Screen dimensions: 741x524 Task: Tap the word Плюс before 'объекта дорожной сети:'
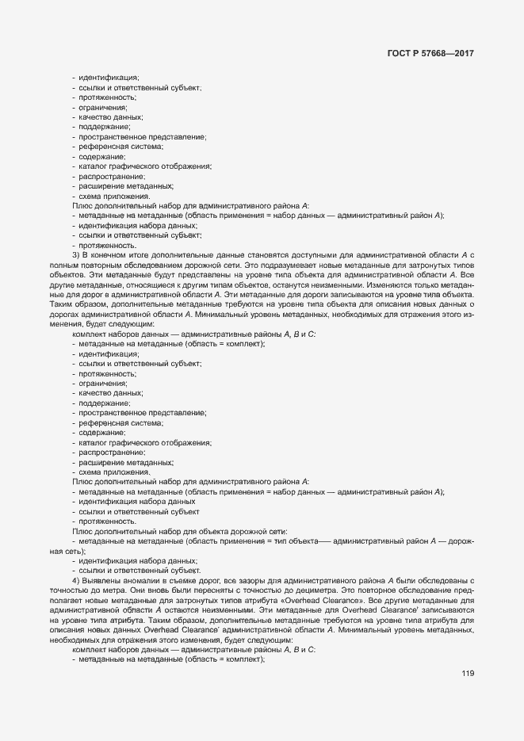(82, 532)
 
